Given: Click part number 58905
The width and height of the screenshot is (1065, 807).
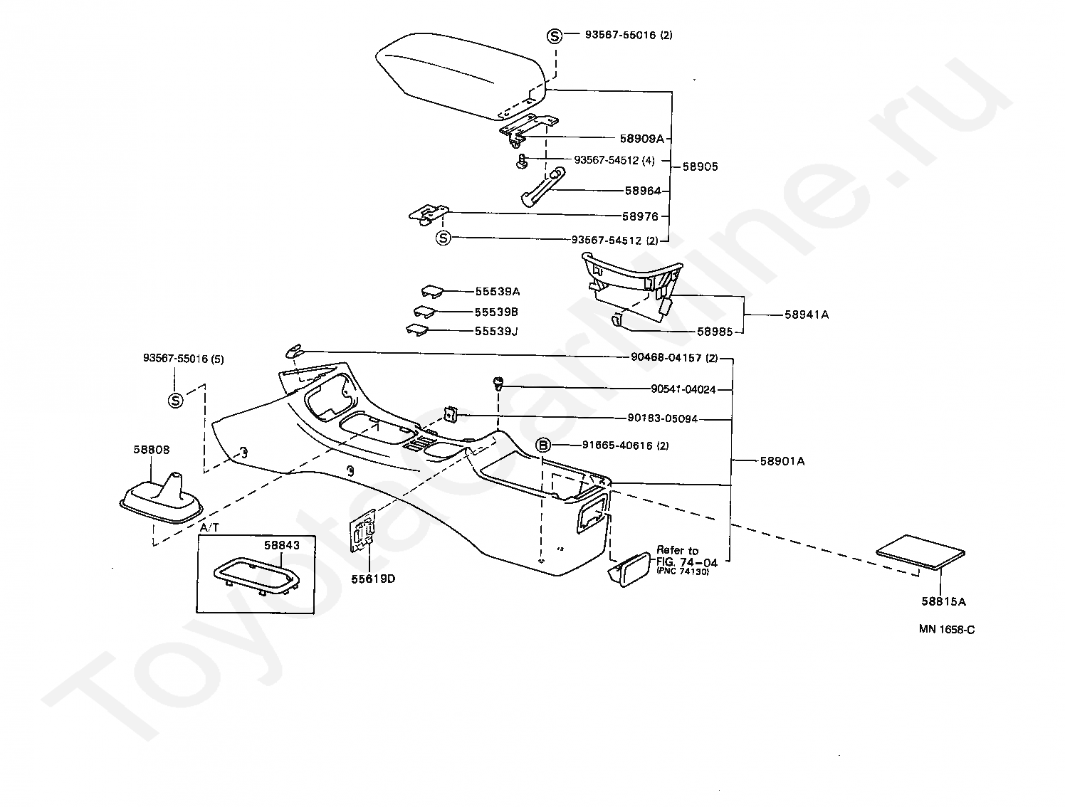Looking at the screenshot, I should pos(700,167).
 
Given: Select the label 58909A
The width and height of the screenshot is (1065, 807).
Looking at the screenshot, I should pos(641,139).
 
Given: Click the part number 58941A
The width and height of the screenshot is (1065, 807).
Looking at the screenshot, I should pos(807,315).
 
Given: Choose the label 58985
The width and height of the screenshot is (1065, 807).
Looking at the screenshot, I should pos(715,332).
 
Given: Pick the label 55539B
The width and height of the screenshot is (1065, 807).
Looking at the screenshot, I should pos(496,312).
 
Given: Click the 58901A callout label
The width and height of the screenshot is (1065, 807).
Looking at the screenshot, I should pos(782,461).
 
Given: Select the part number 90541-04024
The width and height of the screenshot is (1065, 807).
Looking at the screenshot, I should pos(683,389).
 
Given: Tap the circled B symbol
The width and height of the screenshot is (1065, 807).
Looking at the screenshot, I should pos(543,445).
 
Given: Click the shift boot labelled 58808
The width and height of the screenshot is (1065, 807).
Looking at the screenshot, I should pos(162,495).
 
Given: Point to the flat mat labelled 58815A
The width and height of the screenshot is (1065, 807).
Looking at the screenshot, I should pos(920,552).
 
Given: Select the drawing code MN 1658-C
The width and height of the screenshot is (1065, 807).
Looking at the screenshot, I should pos(945,629).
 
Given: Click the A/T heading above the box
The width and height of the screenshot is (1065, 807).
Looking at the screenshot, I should pos(209,527).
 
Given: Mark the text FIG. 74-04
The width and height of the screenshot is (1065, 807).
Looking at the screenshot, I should pos(687,561).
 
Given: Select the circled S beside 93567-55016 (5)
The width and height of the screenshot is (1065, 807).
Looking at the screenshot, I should pos(175,401).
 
